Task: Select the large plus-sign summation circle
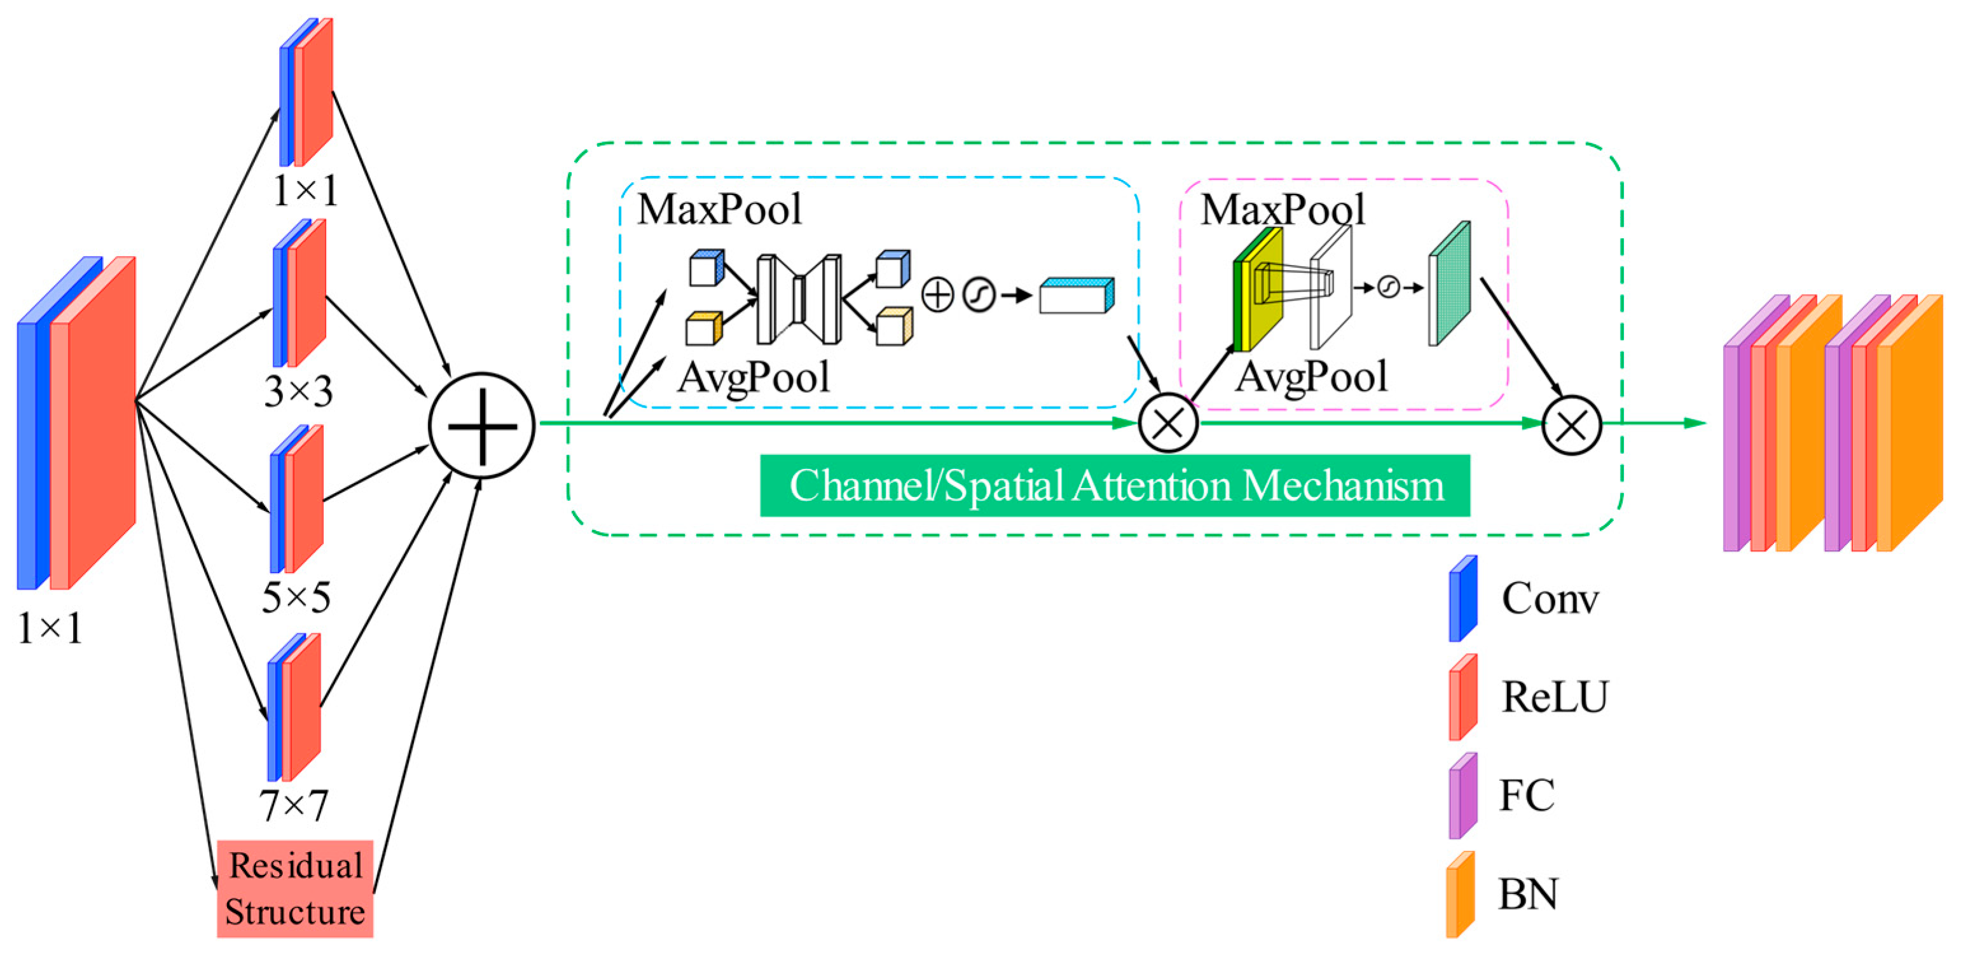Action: coord(482,425)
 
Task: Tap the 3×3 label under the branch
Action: coord(298,392)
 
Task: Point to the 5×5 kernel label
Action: coord(296,597)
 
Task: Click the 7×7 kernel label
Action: coord(294,804)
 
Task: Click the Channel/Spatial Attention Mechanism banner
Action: coord(1115,485)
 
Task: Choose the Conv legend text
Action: coord(1550,598)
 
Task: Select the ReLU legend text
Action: coord(1555,696)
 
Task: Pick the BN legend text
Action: coord(1528,894)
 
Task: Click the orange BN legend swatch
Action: coord(1461,894)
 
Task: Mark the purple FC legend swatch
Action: coord(1463,796)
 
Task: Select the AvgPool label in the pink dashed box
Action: coord(1311,377)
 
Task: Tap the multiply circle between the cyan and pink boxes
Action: coord(1168,423)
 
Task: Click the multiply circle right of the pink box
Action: coord(1571,424)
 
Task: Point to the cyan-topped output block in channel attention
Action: coord(1077,295)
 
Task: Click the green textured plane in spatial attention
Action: coord(1449,283)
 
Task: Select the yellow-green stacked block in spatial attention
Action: coord(1258,289)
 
